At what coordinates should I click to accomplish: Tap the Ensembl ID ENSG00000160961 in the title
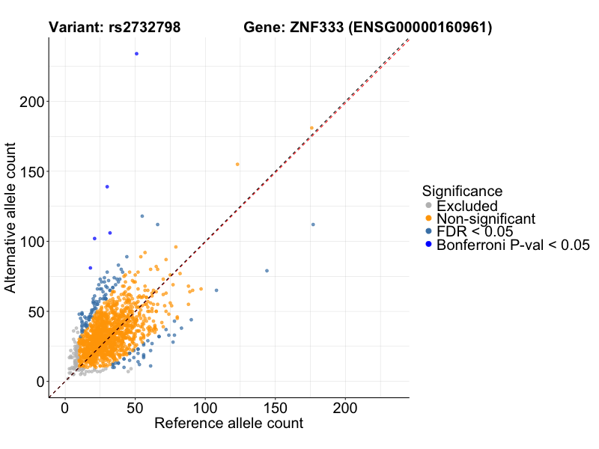pyautogui.click(x=425, y=28)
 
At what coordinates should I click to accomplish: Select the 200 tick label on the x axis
pyautogui.click(x=345, y=409)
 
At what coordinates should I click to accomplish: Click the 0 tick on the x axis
pyautogui.click(x=65, y=409)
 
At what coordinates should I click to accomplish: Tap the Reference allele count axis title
pyautogui.click(x=228, y=424)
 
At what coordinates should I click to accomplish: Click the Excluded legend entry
pyautogui.click(x=467, y=206)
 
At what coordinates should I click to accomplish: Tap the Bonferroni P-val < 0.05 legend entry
pyautogui.click(x=514, y=245)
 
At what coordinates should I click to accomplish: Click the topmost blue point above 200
pyautogui.click(x=136, y=54)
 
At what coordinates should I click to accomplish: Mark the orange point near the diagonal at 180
pyautogui.click(x=312, y=128)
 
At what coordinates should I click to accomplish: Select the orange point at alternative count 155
pyautogui.click(x=237, y=164)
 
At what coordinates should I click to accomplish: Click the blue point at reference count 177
pyautogui.click(x=313, y=224)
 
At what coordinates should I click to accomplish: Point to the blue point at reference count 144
pyautogui.click(x=267, y=271)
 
